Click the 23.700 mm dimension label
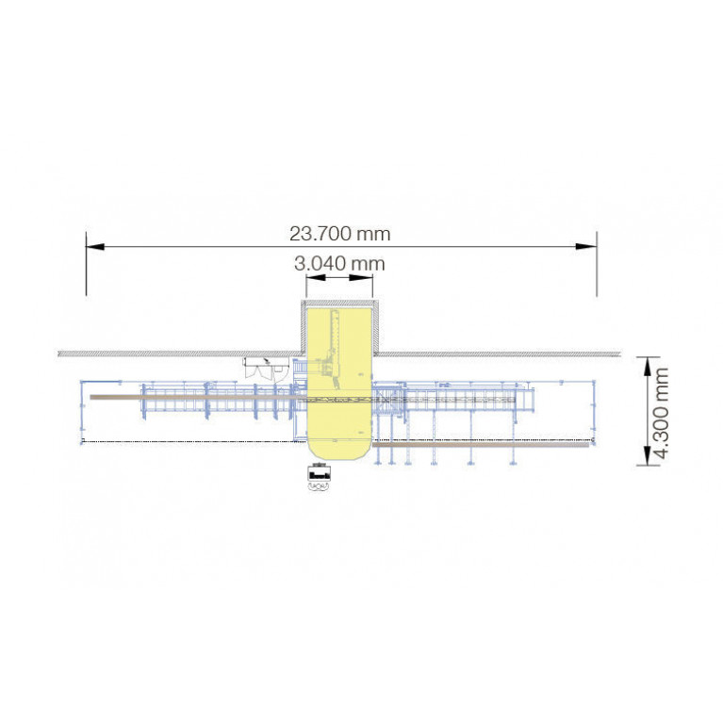340,234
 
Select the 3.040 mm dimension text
339,264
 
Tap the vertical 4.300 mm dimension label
661,413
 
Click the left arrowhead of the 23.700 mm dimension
95,247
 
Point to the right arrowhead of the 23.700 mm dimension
587,247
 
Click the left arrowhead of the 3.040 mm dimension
317,277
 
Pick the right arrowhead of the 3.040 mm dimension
361,277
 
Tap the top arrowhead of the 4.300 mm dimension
648,367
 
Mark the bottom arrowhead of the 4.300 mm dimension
648,455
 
